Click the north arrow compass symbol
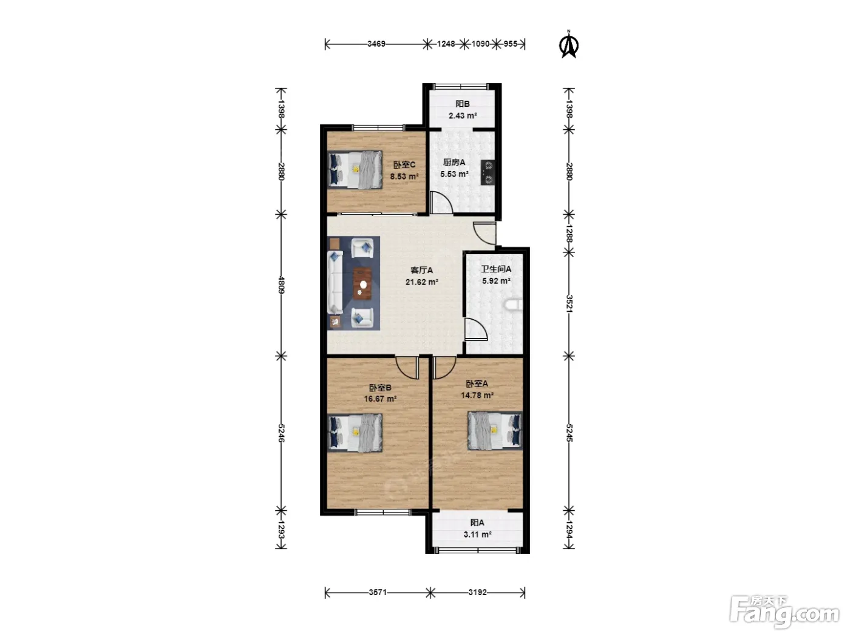tap(568, 45)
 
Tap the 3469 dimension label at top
tap(376, 44)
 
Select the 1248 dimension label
tap(446, 44)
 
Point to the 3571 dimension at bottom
tap(377, 592)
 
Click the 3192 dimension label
tap(477, 592)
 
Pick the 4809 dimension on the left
tap(282, 285)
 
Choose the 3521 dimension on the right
tap(569, 303)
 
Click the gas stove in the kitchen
tap(488, 172)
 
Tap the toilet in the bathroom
tap(514, 305)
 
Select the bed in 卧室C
tap(355, 170)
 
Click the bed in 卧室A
tap(495, 431)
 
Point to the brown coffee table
tap(362, 284)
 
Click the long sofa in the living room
tap(335, 282)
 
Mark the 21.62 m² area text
tap(422, 282)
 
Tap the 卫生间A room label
tap(496, 269)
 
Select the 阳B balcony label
tap(463, 104)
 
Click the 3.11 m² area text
tap(477, 534)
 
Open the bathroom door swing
tap(476, 329)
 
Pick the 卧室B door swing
tap(407, 368)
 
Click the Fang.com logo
tap(784, 612)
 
